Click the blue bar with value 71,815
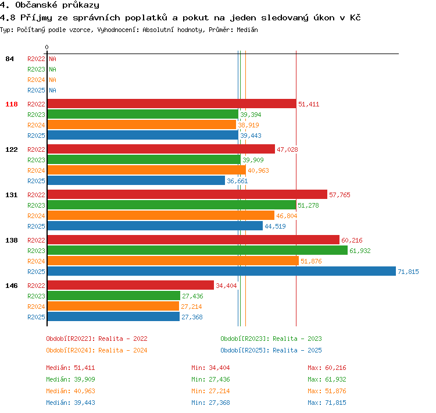click(221, 271)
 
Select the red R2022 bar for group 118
click(172, 104)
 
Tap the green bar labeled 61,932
click(198, 251)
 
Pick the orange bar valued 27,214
click(113, 306)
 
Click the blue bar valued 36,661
click(136, 181)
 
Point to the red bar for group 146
click(131, 285)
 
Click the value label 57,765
click(339, 195)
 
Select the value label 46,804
click(287, 216)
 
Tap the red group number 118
click(12, 104)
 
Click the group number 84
click(9, 59)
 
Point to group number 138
click(12, 240)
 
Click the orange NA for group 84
click(52, 80)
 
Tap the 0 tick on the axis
click(47, 47)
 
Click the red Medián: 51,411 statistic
click(70, 368)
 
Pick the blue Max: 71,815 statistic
click(327, 403)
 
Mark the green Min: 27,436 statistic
click(210, 380)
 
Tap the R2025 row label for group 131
click(36, 226)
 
